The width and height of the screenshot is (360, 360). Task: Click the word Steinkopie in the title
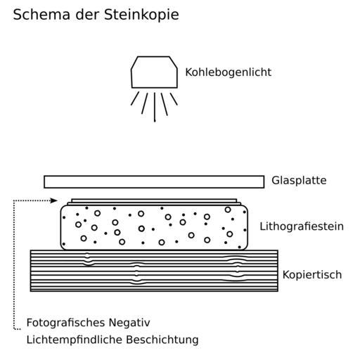(141, 15)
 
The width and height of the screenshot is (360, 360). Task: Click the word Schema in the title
(41, 15)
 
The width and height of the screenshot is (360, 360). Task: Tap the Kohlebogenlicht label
(229, 72)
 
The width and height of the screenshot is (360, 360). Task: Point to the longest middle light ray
(155, 107)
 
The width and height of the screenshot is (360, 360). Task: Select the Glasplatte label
(299, 181)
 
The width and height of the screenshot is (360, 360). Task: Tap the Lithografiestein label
(302, 226)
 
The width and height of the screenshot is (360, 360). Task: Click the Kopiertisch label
(312, 275)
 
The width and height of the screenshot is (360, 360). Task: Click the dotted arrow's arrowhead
(54, 200)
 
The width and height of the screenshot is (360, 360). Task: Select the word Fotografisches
(65, 323)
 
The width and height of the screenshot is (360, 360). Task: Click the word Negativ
(129, 323)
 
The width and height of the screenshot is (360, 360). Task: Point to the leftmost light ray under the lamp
(135, 98)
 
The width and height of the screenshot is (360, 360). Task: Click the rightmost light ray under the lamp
(174, 99)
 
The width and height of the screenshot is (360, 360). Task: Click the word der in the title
(87, 15)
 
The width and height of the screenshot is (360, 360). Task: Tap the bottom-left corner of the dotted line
(14, 328)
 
